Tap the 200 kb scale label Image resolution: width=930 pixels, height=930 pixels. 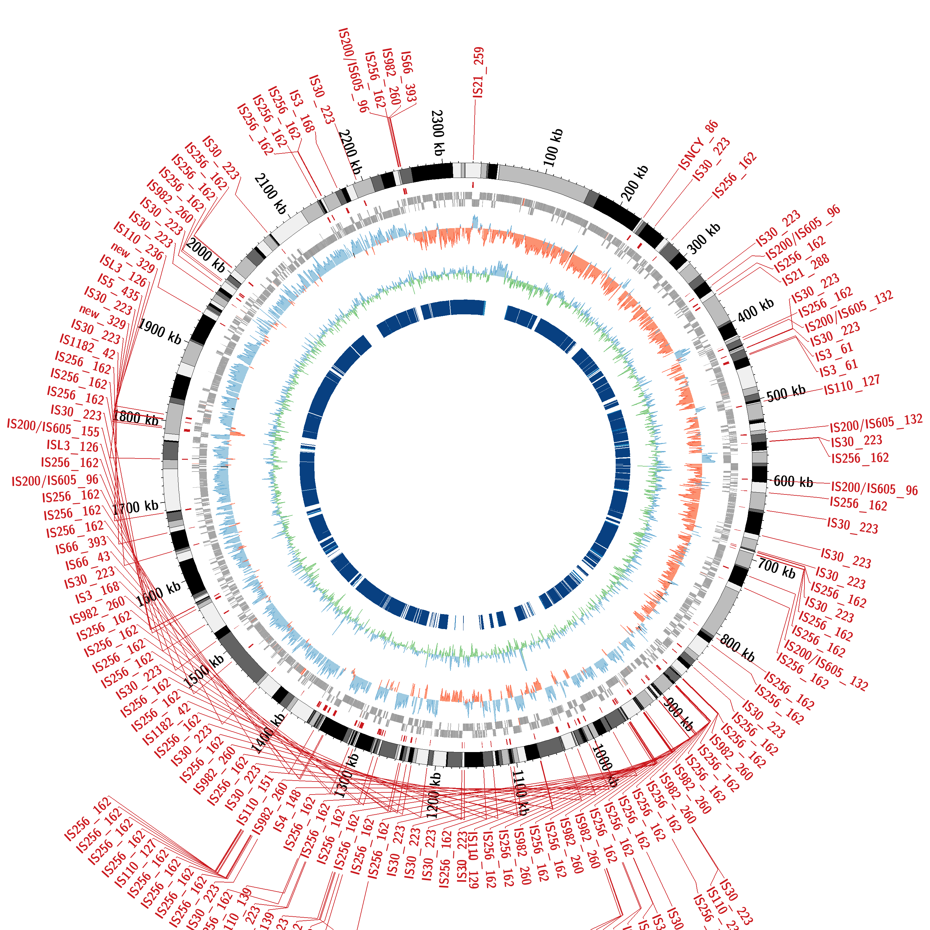tap(635, 183)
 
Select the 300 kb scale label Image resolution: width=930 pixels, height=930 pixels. tap(703, 238)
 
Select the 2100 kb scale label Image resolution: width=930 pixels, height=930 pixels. tap(271, 193)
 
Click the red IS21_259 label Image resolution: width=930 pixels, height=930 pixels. tap(478, 72)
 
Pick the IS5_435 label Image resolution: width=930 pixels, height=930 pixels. tap(118, 287)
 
